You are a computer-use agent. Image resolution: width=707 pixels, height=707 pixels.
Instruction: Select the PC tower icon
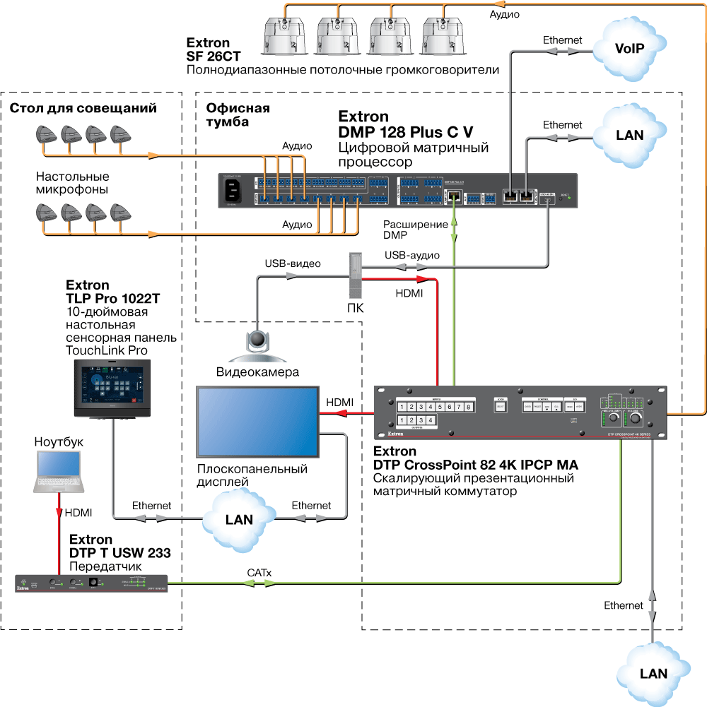355,275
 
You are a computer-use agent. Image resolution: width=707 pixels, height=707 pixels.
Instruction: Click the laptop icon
60,472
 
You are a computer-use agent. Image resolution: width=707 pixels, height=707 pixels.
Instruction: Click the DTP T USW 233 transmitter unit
93,583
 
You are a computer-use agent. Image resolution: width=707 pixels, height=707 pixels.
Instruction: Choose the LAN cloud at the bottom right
653,672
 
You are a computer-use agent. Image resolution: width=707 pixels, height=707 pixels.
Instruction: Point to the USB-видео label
293,264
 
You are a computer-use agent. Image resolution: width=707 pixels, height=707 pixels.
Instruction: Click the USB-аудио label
412,255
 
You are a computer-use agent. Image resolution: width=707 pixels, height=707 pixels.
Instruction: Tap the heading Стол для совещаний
83,108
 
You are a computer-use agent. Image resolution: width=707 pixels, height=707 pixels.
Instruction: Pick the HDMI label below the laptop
77,513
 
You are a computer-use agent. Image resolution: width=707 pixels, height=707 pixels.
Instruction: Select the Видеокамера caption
257,372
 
